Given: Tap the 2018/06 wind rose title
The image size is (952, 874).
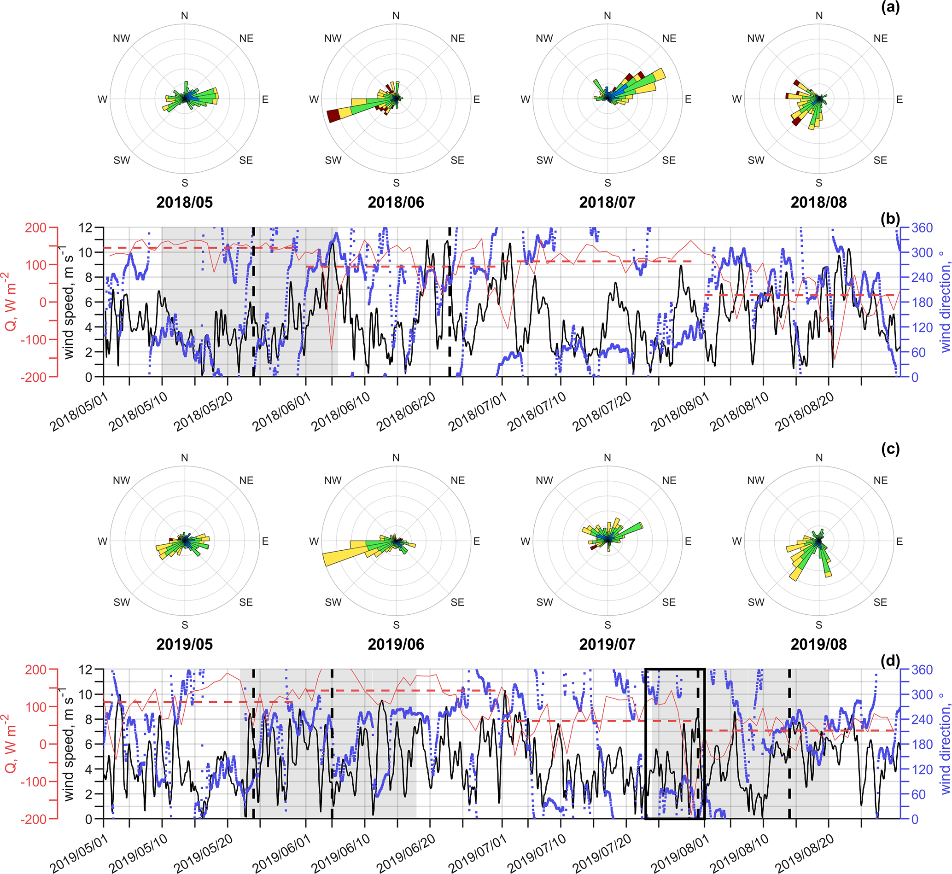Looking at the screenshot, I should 396,203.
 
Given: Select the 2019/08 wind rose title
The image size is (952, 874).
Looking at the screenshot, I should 818,644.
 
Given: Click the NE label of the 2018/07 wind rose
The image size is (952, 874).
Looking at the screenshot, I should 669,38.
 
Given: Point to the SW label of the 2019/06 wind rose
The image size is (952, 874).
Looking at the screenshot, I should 333,602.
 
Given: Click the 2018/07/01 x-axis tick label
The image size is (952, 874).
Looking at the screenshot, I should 478,412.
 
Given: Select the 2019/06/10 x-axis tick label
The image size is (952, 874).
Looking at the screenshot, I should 340,853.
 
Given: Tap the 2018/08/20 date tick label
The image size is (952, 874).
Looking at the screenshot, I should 804,412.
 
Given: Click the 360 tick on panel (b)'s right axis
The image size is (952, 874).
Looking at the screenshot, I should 922,228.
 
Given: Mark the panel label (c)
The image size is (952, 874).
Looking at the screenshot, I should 890,449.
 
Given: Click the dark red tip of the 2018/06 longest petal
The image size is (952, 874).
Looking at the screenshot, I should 334,116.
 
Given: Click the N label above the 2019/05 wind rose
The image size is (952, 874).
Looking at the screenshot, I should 184,458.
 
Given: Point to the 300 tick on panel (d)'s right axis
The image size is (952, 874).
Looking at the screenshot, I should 922,695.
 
